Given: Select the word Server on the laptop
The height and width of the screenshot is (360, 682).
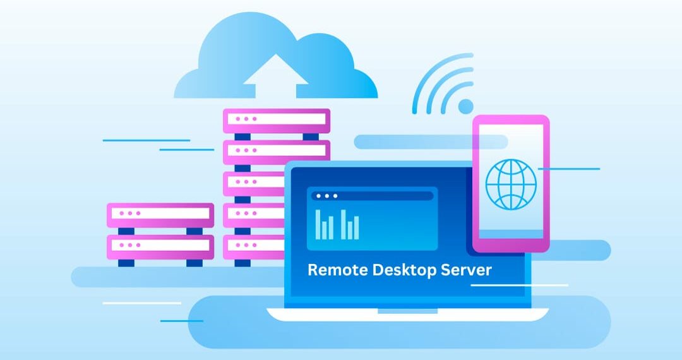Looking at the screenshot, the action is [466, 270].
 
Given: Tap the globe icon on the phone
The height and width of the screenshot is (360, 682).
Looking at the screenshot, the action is [511, 184].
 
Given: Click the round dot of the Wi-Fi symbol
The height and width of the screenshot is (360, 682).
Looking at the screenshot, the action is [466, 106].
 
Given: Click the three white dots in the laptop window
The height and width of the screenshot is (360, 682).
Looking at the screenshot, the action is [326, 196].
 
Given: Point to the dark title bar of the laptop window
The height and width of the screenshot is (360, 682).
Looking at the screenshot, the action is [373, 196].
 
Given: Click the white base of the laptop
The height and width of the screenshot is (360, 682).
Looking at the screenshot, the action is [407, 315].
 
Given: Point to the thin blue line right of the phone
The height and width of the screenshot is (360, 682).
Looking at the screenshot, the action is [569, 169].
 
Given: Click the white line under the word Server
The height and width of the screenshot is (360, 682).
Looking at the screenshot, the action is [519, 285].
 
